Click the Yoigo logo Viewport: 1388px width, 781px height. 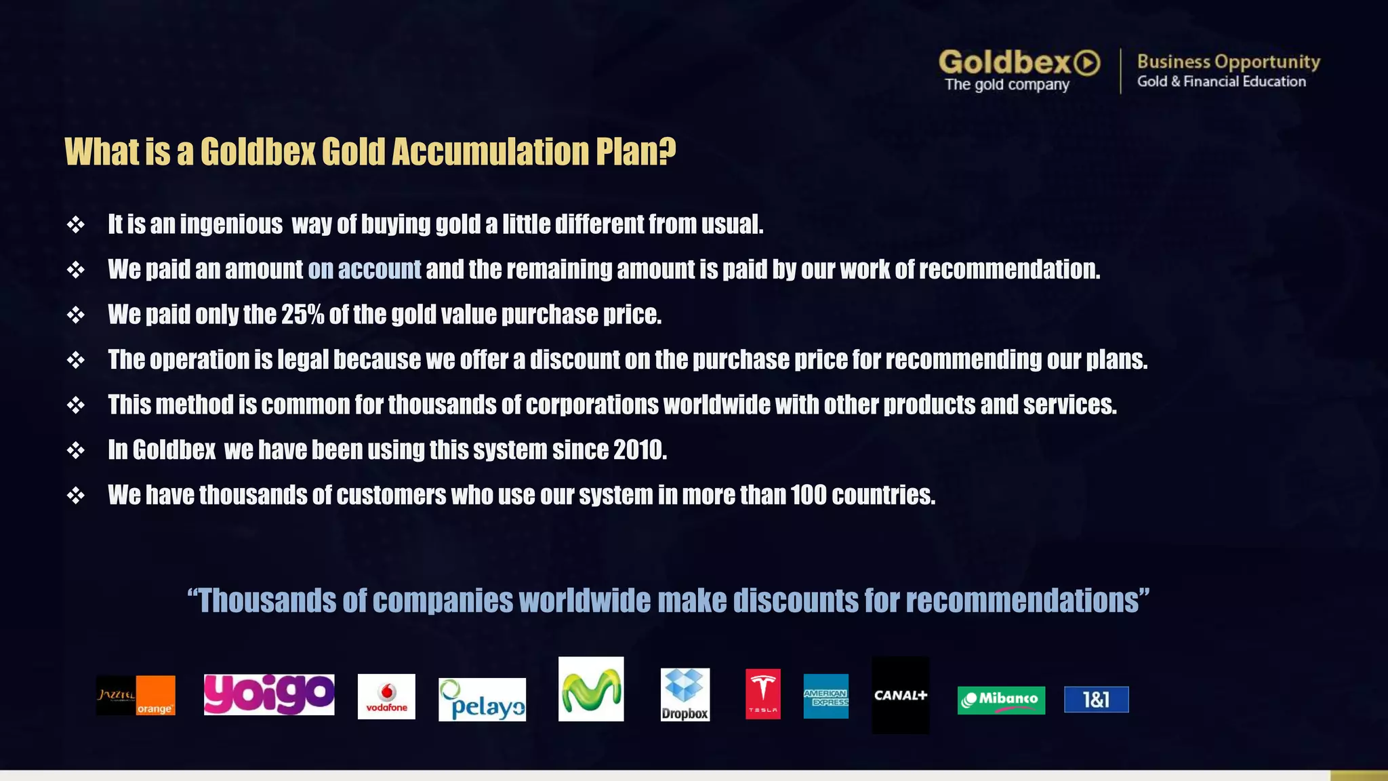[x=269, y=694]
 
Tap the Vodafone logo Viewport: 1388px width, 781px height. [x=386, y=696]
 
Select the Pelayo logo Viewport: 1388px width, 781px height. [x=482, y=700]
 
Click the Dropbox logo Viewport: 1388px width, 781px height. [x=685, y=694]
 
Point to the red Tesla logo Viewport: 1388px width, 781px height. [x=762, y=694]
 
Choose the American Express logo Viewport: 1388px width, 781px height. [x=825, y=696]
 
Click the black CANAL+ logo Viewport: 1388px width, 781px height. [x=900, y=695]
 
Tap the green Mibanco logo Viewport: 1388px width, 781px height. [x=1001, y=700]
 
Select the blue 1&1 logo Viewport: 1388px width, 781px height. [x=1096, y=700]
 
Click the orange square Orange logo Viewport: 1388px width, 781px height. [x=155, y=696]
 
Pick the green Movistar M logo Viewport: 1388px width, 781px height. [x=590, y=689]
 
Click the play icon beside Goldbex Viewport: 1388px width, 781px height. [x=1087, y=63]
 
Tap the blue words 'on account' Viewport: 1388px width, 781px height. [x=364, y=269]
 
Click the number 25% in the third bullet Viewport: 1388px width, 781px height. [x=302, y=315]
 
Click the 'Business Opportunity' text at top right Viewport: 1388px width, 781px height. [x=1228, y=62]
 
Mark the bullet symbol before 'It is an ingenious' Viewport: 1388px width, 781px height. [x=76, y=224]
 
